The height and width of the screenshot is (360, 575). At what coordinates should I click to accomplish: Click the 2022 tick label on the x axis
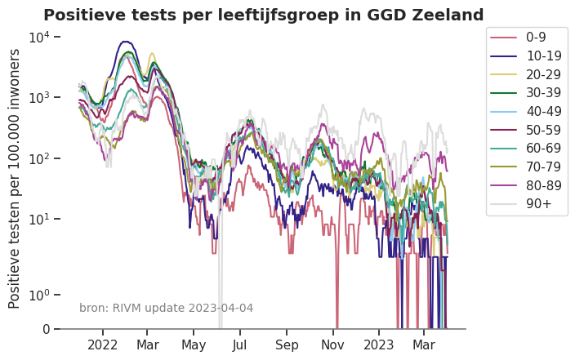(104, 345)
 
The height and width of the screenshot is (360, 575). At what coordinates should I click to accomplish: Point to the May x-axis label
(194, 345)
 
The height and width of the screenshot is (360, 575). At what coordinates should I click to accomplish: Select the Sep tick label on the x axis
(286, 345)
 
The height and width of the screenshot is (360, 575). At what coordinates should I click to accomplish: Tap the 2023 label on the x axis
(379, 345)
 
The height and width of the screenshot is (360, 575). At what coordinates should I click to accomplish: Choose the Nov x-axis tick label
(333, 345)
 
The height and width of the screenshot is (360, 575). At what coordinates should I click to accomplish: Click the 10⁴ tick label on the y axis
(40, 38)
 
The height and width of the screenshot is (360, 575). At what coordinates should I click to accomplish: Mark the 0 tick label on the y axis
(46, 329)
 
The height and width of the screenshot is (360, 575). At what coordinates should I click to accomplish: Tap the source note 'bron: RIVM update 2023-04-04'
(166, 308)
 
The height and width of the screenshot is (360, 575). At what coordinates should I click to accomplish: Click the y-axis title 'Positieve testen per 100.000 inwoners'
(15, 178)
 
